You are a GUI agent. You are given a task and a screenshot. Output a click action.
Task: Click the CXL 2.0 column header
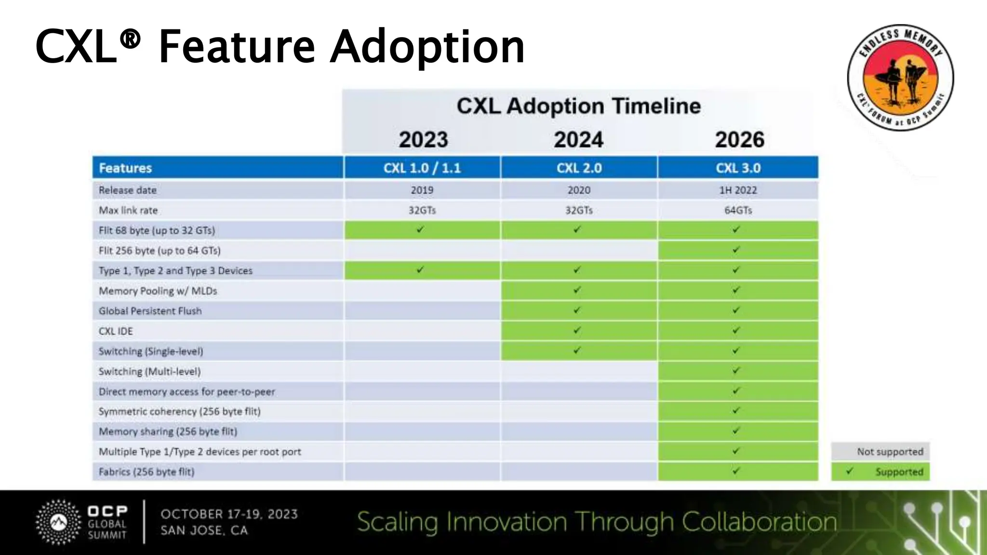click(579, 168)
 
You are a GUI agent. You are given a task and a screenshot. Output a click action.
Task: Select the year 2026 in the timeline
click(739, 139)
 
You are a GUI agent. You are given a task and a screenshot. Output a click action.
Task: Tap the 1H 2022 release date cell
click(738, 190)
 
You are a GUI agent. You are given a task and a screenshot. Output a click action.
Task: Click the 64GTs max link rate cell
click(738, 210)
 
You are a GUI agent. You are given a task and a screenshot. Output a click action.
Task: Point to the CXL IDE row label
click(116, 331)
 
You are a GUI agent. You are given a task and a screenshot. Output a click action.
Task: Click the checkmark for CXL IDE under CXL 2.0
click(577, 330)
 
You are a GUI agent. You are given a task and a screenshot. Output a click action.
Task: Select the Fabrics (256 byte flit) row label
click(147, 472)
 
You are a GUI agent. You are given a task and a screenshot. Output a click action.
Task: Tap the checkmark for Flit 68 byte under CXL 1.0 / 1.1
click(421, 230)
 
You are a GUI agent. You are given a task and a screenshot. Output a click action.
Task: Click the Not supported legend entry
click(880, 451)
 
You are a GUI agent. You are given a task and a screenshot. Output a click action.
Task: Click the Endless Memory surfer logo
click(900, 78)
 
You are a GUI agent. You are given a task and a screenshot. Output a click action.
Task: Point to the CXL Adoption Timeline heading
click(578, 106)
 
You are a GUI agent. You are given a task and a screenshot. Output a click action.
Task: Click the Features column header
click(125, 168)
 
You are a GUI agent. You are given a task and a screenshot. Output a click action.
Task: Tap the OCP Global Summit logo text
click(107, 522)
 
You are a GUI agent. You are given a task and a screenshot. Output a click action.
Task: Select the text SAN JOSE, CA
click(204, 530)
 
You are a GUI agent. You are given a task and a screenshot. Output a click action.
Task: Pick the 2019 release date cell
click(422, 190)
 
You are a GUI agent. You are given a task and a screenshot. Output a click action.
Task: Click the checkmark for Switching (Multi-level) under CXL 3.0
click(736, 371)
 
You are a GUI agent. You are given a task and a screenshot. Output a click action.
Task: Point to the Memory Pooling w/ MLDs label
click(158, 291)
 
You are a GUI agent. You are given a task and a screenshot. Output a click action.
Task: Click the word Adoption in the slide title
click(427, 47)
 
